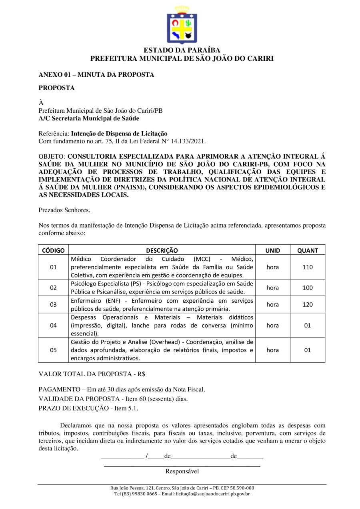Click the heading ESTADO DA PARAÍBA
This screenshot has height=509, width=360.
[182, 50]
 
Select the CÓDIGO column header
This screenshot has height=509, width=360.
[53, 250]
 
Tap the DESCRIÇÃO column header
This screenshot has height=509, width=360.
[162, 250]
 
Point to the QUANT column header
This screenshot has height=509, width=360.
[307, 250]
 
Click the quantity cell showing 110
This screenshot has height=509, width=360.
[307, 267]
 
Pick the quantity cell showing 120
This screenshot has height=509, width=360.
[307, 304]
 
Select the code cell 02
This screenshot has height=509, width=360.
[53, 287]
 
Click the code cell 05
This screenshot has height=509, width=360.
[53, 350]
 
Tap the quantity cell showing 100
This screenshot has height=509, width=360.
[307, 287]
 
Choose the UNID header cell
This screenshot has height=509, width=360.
[272, 250]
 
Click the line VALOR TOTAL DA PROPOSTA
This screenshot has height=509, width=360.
[92, 375]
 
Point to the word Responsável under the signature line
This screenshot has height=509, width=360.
[182, 471]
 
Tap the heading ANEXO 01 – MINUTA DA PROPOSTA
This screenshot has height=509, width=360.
[96, 75]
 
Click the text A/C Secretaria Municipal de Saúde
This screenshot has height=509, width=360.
[89, 118]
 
